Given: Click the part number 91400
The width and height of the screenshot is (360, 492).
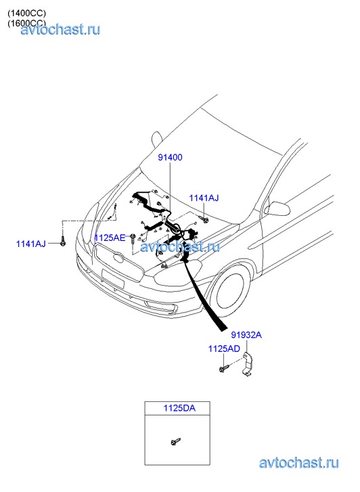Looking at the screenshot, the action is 170,157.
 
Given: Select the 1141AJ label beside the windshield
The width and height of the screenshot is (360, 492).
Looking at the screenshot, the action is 204,198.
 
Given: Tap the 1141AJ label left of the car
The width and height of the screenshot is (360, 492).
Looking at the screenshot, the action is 30,244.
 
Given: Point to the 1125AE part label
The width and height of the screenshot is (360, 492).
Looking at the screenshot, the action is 110,238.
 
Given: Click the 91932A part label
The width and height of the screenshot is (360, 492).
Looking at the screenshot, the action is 246,335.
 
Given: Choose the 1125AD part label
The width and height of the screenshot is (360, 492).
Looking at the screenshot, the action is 224,349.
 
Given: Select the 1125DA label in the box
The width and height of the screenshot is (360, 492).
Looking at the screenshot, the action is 179,408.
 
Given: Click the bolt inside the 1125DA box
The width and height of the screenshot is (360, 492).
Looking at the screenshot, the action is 175,441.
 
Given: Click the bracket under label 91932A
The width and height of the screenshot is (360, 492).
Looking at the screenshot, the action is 248,365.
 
